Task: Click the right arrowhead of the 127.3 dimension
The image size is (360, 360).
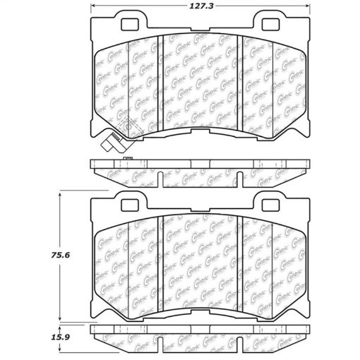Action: point(304,6)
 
